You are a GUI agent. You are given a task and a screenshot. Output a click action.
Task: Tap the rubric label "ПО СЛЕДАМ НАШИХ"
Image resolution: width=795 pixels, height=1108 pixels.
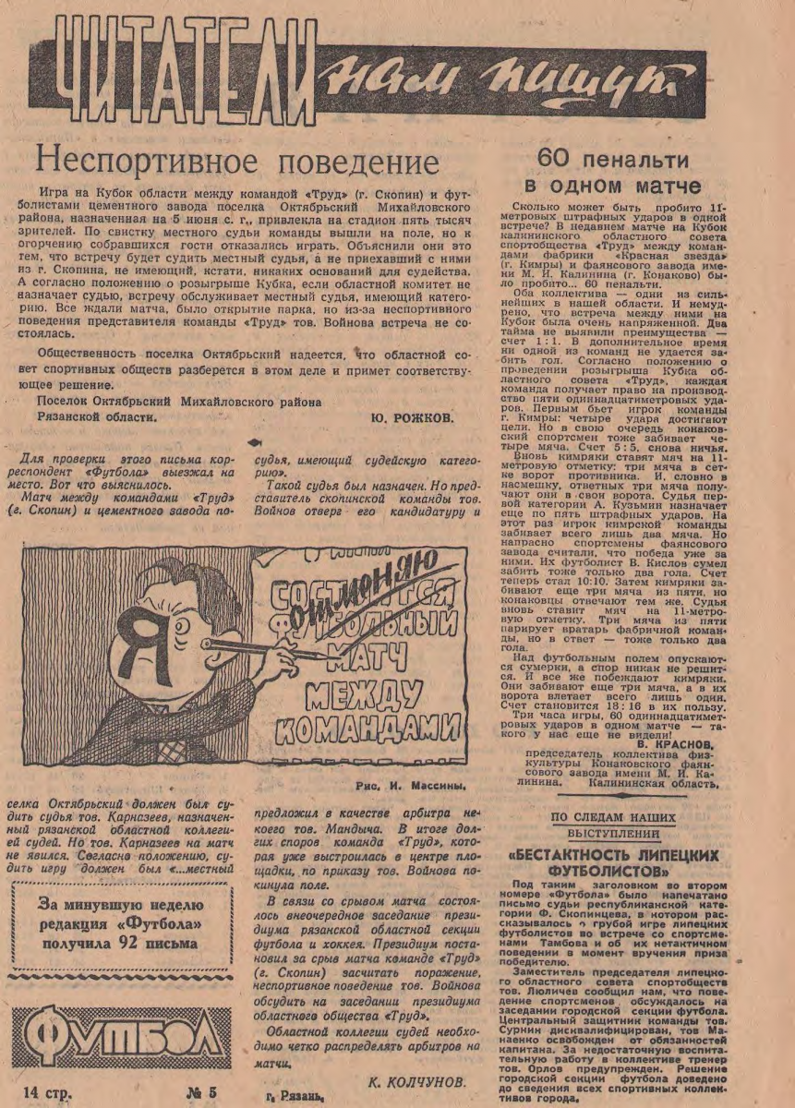coord(613,817)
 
